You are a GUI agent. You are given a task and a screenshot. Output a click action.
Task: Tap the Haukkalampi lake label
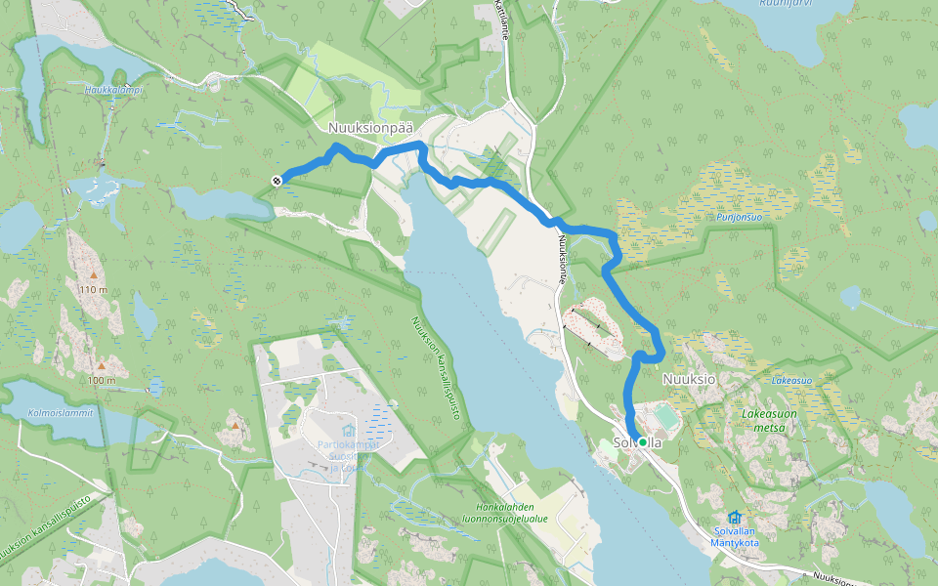(x=113, y=90)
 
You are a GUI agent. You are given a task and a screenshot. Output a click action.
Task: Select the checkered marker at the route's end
(x=277, y=180)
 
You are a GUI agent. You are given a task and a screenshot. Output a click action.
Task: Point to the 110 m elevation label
(x=94, y=290)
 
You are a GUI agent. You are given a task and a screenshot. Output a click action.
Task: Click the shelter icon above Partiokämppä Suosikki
(x=347, y=431)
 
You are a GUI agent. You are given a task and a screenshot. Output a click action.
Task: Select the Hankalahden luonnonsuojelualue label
(x=511, y=513)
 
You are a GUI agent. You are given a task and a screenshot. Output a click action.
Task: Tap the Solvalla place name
(x=637, y=442)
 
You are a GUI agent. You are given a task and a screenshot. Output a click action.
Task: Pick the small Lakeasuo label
(x=792, y=379)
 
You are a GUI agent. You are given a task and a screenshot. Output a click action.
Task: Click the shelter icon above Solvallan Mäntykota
(x=735, y=516)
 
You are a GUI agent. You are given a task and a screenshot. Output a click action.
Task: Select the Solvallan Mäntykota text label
(x=735, y=536)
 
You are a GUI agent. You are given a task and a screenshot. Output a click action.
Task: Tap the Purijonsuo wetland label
(x=738, y=217)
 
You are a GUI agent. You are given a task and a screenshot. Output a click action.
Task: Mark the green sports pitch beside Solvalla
(x=666, y=417)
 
